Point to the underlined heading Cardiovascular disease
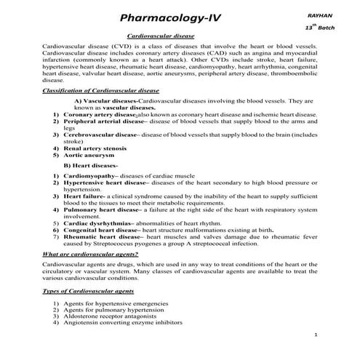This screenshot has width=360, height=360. point(161,35)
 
